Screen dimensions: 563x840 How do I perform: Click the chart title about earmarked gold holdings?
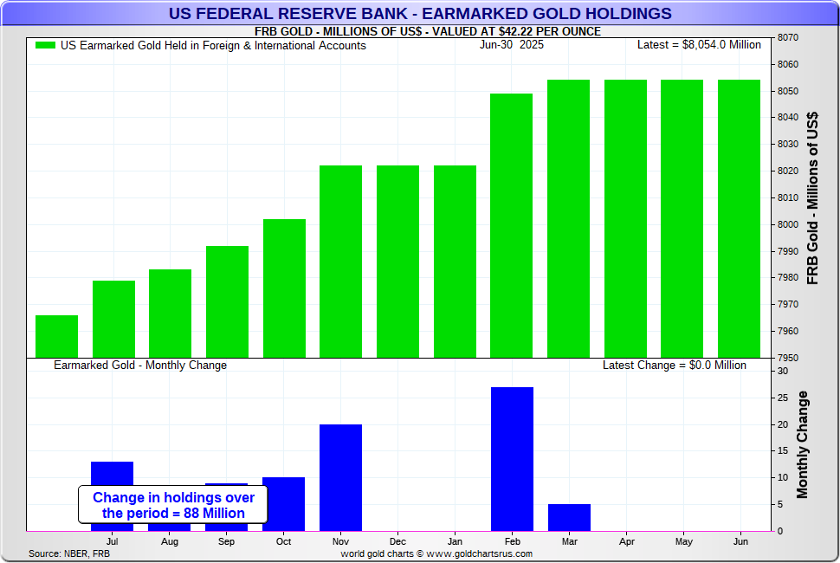click(419, 13)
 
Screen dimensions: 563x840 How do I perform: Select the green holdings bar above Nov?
click(340, 261)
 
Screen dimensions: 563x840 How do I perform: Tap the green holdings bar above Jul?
click(113, 318)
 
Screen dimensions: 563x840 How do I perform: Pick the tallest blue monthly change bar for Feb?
click(512, 458)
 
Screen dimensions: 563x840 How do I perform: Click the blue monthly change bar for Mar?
click(569, 517)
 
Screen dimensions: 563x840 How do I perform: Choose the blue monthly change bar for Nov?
click(340, 477)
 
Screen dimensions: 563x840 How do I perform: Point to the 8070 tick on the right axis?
click(789, 38)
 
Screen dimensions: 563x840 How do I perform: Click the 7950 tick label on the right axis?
click(789, 358)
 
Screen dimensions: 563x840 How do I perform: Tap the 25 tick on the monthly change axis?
click(782, 398)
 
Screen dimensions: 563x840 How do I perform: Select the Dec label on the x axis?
click(397, 541)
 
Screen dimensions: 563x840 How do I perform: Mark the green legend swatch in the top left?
click(45, 45)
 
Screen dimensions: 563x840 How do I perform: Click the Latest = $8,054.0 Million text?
click(699, 45)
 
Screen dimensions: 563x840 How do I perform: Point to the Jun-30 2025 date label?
click(512, 45)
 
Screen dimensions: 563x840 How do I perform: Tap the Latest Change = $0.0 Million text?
click(674, 366)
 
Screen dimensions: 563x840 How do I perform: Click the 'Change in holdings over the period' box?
click(173, 505)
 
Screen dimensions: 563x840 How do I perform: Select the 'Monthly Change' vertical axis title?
click(802, 444)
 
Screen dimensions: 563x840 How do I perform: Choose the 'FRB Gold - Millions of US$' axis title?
click(812, 197)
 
